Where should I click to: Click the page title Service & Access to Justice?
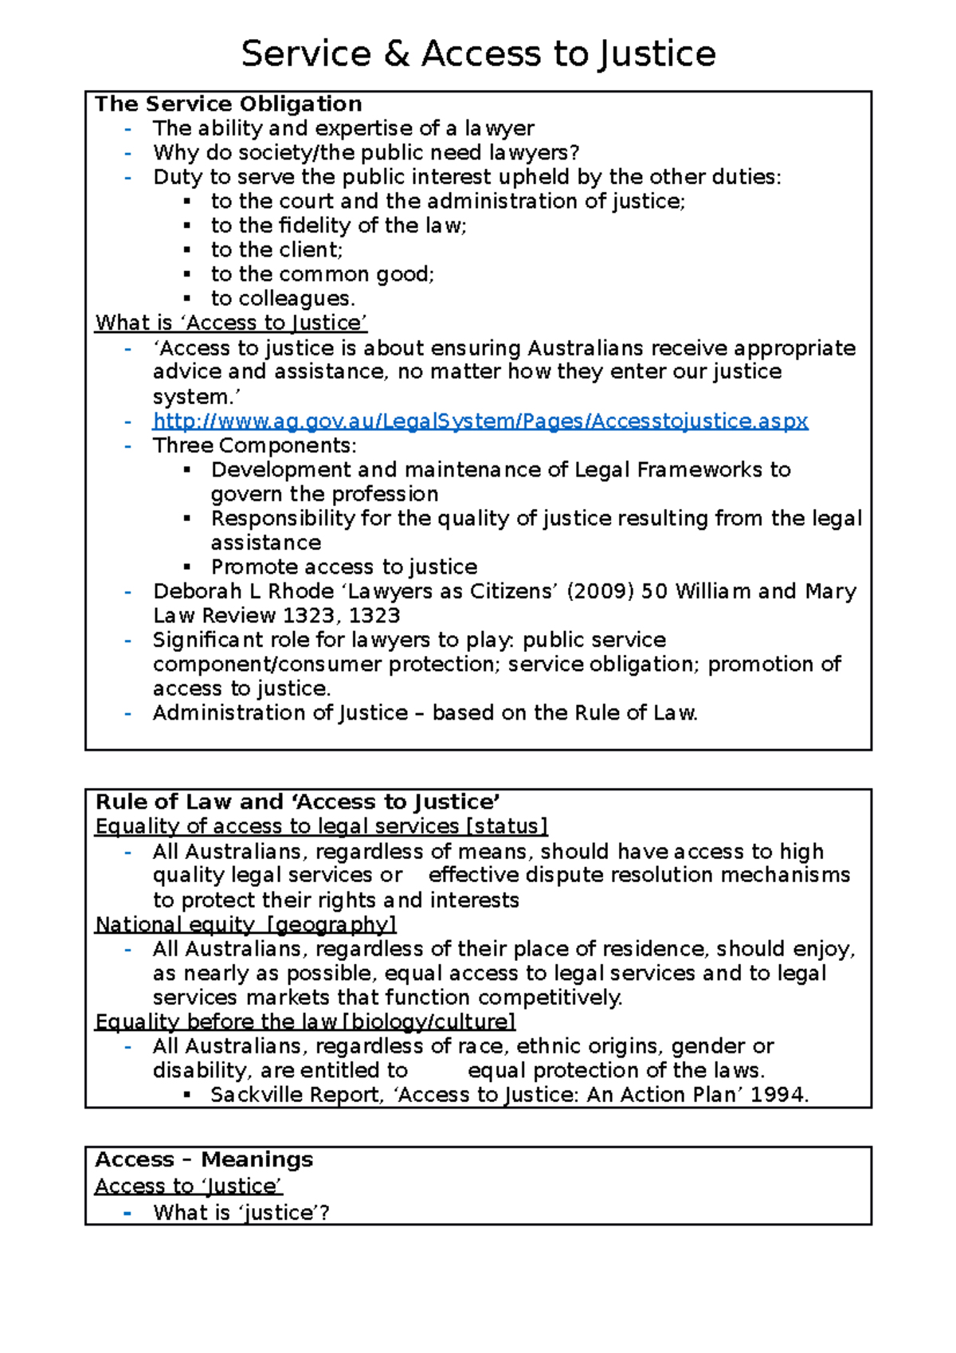point(478,54)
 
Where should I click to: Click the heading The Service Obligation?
point(229,104)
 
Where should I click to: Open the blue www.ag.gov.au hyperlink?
point(480,422)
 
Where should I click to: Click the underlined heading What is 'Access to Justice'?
point(231,323)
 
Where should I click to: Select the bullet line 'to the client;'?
point(276,250)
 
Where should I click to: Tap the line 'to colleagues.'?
point(283,299)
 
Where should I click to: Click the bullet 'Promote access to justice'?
point(344,567)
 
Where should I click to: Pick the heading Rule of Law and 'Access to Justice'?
point(298,802)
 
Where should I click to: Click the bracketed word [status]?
point(507,826)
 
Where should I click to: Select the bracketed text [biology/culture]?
point(429,1022)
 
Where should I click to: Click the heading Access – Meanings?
point(204,1160)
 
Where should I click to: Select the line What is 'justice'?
point(241,1213)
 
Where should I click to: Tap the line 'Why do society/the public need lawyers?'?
point(366,153)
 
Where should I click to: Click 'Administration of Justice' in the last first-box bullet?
point(280,713)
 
